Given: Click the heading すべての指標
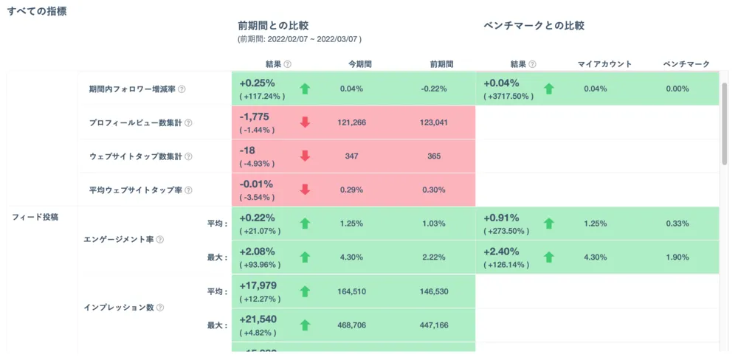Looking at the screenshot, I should click(x=37, y=11).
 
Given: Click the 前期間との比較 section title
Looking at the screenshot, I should click(x=273, y=26).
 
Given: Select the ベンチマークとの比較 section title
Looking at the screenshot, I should click(x=534, y=26).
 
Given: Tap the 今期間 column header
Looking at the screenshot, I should click(x=359, y=64).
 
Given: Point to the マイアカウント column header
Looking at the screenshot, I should click(x=604, y=64).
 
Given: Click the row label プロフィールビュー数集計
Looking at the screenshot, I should click(x=136, y=122).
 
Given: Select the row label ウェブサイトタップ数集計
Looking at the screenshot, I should click(x=136, y=156).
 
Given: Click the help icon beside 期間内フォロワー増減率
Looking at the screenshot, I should click(x=182, y=89).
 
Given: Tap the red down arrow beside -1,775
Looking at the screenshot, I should click(x=305, y=122).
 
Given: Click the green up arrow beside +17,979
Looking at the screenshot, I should click(x=305, y=291).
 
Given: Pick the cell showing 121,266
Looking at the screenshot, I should click(x=351, y=122).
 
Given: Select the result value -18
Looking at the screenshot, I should click(x=247, y=150).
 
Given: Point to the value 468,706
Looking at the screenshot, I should click(x=351, y=325).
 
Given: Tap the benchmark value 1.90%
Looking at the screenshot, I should click(x=677, y=257).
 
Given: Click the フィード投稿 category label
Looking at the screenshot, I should click(x=35, y=217).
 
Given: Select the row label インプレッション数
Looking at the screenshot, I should click(x=119, y=308).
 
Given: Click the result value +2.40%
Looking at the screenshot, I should click(x=501, y=252).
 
